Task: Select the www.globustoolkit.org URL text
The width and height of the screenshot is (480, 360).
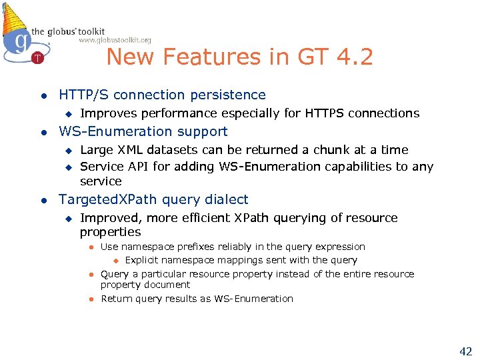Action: pyautogui.click(x=115, y=40)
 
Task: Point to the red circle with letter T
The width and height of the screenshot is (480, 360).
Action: pyautogui.click(x=38, y=58)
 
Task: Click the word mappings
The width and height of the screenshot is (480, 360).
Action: pyautogui.click(x=233, y=260)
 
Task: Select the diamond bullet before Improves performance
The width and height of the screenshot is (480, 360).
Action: pyautogui.click(x=67, y=114)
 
